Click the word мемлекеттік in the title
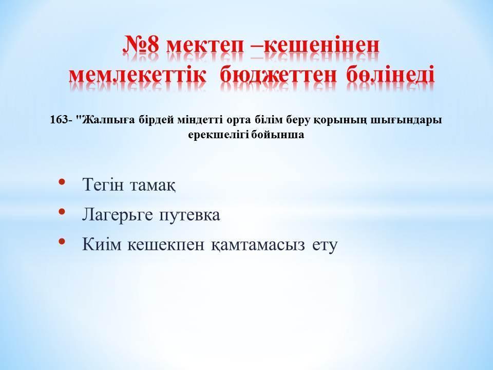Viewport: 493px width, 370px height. tap(138, 75)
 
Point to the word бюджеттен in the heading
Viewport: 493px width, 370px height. tap(278, 75)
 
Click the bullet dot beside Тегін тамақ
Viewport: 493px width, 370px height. tap(62, 181)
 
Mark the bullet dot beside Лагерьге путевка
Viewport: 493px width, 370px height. tap(62, 211)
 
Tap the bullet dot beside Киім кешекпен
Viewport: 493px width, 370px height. tap(62, 242)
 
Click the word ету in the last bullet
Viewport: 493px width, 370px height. tap(325, 246)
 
